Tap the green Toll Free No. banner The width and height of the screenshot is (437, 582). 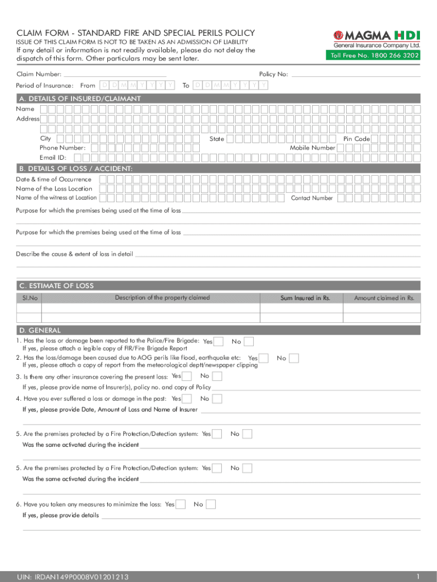point(372,56)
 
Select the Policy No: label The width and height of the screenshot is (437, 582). point(274,74)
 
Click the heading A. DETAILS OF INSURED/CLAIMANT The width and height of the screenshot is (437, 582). point(80,99)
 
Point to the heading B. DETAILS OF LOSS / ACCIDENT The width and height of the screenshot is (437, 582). point(76,169)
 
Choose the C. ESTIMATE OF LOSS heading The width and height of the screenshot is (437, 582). point(57,286)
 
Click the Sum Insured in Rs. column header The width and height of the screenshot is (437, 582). point(305,298)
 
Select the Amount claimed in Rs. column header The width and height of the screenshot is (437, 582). point(384,298)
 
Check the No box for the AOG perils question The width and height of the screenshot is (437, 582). point(295,358)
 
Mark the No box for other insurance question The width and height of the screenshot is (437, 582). point(217,376)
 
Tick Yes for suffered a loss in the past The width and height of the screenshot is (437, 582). point(188,399)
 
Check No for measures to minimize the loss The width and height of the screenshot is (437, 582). point(211,504)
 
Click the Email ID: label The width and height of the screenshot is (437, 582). point(53,157)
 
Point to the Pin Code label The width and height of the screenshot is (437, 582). point(356,139)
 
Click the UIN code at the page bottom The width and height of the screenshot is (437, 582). point(73,577)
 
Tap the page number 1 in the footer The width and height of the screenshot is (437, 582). point(417,575)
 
